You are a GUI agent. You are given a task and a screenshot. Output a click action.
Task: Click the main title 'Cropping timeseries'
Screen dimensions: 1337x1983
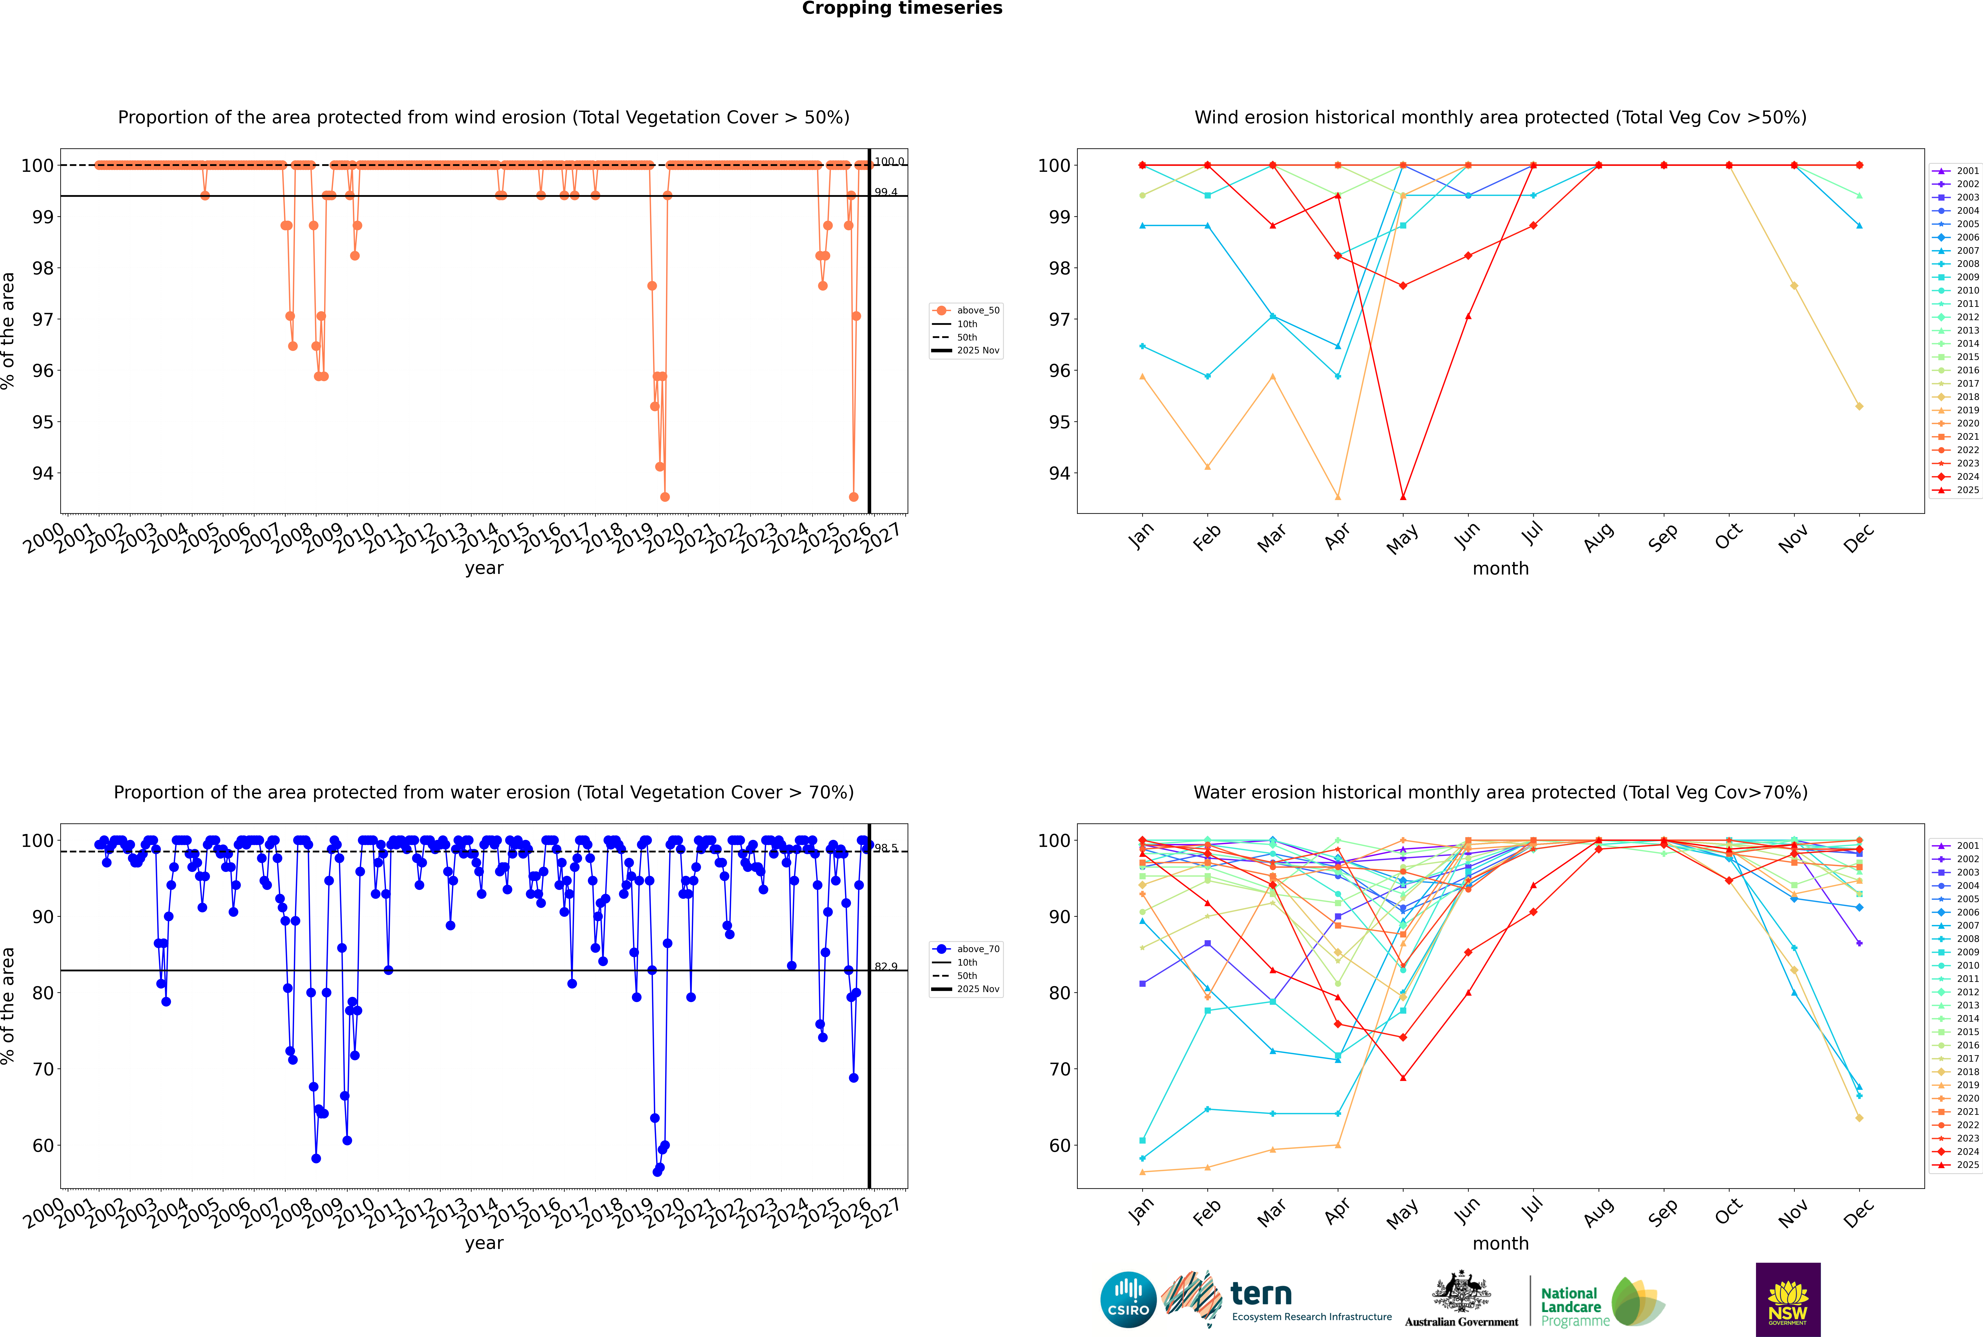(902, 8)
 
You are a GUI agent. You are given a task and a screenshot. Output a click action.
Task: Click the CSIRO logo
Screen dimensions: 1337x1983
(1128, 1300)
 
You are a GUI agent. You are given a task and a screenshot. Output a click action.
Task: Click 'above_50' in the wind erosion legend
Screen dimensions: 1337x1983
(978, 310)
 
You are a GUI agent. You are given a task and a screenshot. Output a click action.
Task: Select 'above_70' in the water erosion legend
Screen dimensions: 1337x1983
(978, 949)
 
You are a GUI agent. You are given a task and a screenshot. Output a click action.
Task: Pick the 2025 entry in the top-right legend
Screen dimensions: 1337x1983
(1968, 490)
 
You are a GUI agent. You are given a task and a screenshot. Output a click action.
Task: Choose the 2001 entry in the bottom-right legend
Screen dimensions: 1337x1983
(1968, 846)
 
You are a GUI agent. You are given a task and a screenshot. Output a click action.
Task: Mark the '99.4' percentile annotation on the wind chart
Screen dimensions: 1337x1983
(886, 193)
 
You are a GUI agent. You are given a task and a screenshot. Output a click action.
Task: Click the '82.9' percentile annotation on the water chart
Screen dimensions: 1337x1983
(886, 967)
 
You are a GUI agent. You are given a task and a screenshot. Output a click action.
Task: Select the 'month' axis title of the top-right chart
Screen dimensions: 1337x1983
(1500, 569)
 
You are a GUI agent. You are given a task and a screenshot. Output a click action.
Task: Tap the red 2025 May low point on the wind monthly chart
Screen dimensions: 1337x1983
(1402, 497)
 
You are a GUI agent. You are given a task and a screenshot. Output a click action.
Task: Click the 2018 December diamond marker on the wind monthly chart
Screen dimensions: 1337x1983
(1859, 407)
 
